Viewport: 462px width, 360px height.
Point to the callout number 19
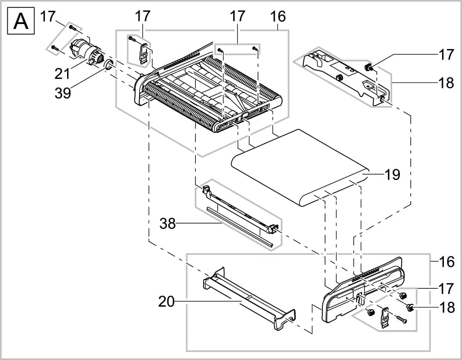tap(393, 174)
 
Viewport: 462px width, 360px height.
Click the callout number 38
tap(167, 223)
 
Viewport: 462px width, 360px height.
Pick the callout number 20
tap(166, 301)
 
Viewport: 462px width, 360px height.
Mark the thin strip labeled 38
tap(240, 227)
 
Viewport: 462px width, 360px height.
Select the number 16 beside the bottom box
tap(447, 262)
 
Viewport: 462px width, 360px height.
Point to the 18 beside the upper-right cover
tap(447, 83)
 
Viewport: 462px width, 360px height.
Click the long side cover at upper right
tap(345, 75)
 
